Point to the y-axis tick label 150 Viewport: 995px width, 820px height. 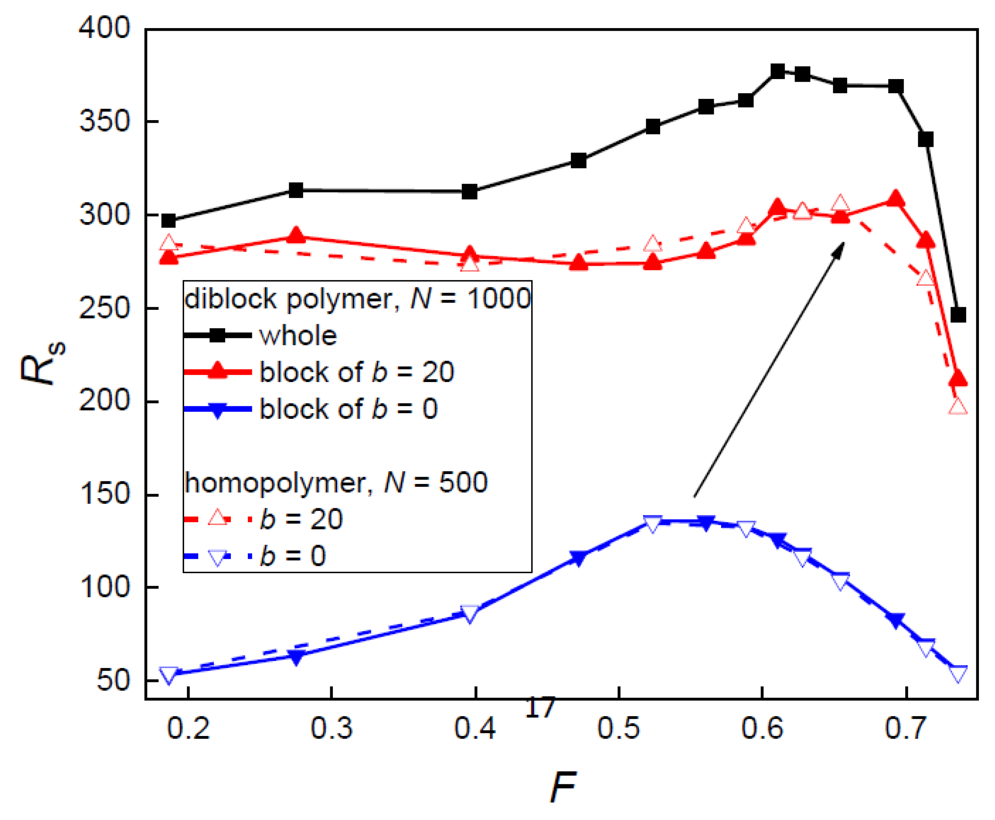104,494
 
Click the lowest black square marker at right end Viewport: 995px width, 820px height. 958,315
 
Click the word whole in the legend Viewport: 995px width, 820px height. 298,336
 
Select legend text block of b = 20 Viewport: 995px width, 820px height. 357,372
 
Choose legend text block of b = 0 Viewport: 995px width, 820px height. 349,409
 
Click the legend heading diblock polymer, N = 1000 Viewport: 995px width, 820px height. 357,299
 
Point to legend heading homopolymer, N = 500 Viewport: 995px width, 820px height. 336,482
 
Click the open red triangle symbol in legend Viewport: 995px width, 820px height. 217,518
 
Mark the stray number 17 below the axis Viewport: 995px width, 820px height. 540,707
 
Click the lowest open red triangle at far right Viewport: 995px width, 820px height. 958,407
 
